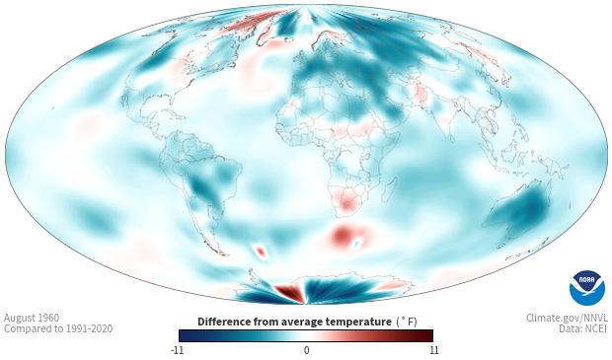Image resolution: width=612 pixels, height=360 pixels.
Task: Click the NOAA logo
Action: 587,288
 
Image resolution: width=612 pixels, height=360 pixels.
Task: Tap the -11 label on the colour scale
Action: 177,350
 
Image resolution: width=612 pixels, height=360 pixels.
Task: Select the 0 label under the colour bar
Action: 306,350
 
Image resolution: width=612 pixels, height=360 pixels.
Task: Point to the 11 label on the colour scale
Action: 433,350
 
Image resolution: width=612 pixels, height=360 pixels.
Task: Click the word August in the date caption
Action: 17,319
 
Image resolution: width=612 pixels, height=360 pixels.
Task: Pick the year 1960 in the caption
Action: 46,318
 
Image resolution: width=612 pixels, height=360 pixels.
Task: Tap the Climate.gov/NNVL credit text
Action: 567,319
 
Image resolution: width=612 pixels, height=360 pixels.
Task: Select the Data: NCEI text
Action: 583,328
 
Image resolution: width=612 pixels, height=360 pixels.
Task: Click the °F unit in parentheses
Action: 407,322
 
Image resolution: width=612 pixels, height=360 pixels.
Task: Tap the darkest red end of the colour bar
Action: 429,335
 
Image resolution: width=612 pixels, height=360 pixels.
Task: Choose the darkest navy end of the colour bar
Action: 183,335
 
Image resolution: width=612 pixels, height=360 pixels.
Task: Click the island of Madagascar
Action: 389,189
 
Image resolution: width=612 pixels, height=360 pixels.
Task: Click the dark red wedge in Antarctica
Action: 289,293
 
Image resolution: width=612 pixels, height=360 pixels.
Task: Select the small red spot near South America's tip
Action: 261,252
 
